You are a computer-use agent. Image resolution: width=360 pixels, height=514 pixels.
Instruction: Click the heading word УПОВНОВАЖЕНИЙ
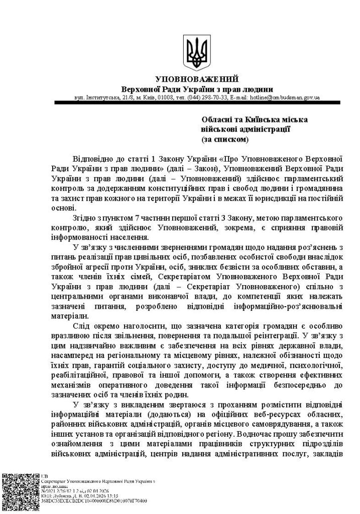[x=197, y=79]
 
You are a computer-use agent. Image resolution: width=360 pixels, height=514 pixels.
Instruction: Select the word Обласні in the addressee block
[x=216, y=119]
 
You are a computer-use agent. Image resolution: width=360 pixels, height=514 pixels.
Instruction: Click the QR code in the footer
[x=20, y=491]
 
